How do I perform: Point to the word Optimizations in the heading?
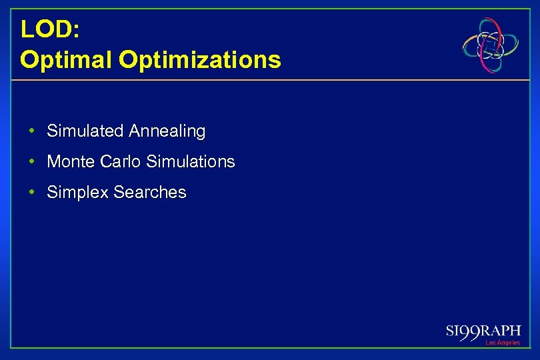point(199,60)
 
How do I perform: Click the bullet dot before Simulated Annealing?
point(32,131)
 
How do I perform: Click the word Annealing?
point(167,132)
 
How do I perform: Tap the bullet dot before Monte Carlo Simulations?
point(32,162)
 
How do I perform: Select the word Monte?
point(70,162)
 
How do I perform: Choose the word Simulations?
point(190,162)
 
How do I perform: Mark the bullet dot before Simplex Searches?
point(32,193)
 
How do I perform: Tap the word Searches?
point(150,193)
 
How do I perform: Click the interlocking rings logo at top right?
point(491,45)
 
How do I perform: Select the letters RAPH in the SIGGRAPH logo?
point(503,331)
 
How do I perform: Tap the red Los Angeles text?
point(503,343)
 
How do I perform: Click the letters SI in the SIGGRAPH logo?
point(453,331)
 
